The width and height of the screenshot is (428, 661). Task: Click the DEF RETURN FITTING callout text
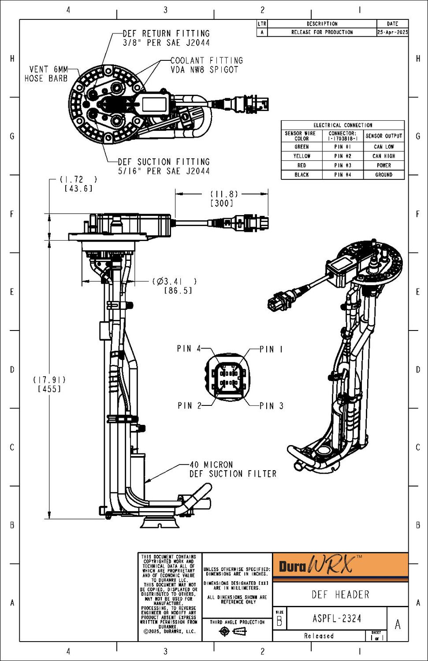[x=166, y=38]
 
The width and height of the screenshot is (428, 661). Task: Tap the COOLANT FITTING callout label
[x=206, y=65]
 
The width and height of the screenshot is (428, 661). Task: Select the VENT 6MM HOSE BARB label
[x=46, y=74]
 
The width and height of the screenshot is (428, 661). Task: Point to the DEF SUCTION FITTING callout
[x=164, y=166]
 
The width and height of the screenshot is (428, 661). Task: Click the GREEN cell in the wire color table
[x=301, y=147]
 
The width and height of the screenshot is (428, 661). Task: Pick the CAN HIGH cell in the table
[x=383, y=156]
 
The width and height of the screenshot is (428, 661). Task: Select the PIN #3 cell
[x=342, y=165]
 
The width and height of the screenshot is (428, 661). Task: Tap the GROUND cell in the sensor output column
[x=383, y=175]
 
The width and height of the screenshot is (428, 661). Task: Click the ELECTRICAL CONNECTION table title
[x=342, y=125]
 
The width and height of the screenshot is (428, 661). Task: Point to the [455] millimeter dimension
[x=49, y=389]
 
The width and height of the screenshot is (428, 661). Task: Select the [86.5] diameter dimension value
[x=178, y=291]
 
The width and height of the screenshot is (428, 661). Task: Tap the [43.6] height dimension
[x=78, y=189]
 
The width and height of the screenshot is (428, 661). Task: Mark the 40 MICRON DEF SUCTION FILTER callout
[x=233, y=469]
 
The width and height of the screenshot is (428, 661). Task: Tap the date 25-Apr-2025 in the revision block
[x=392, y=32]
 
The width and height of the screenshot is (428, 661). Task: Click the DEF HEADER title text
[x=340, y=594]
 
